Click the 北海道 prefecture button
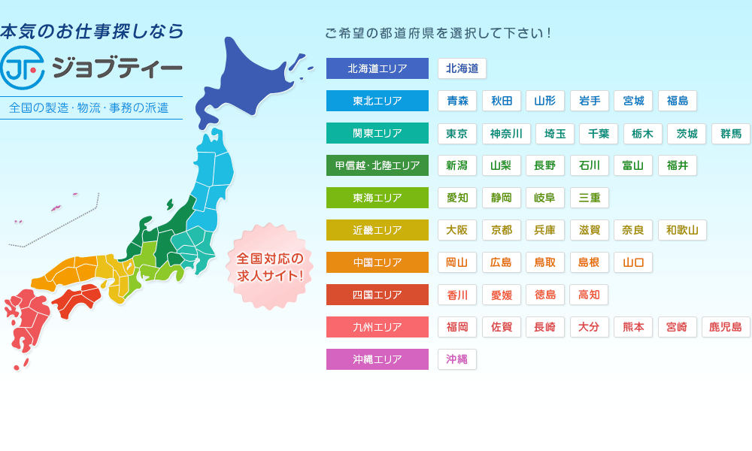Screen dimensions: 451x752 (x=462, y=68)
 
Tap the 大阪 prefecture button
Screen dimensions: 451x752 (x=457, y=230)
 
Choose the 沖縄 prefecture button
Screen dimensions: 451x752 (x=457, y=359)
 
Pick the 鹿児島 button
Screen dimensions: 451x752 (x=726, y=327)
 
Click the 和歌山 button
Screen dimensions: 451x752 (x=681, y=230)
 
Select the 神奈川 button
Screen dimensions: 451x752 (x=506, y=134)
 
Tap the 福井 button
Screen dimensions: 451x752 (x=677, y=165)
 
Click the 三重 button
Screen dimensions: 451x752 (x=589, y=198)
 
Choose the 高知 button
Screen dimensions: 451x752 (x=589, y=295)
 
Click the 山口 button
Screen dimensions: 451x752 (x=632, y=262)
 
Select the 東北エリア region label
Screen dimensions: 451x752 (x=378, y=101)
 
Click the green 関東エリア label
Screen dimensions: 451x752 (x=378, y=133)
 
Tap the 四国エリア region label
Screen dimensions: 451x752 (x=378, y=295)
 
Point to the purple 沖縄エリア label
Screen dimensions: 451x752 (x=378, y=359)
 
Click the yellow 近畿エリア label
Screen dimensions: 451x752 (x=378, y=230)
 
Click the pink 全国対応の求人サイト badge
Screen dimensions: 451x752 (x=270, y=267)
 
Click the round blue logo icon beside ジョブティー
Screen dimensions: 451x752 (x=22, y=68)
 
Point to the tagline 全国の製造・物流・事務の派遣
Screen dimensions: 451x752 (x=89, y=107)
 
